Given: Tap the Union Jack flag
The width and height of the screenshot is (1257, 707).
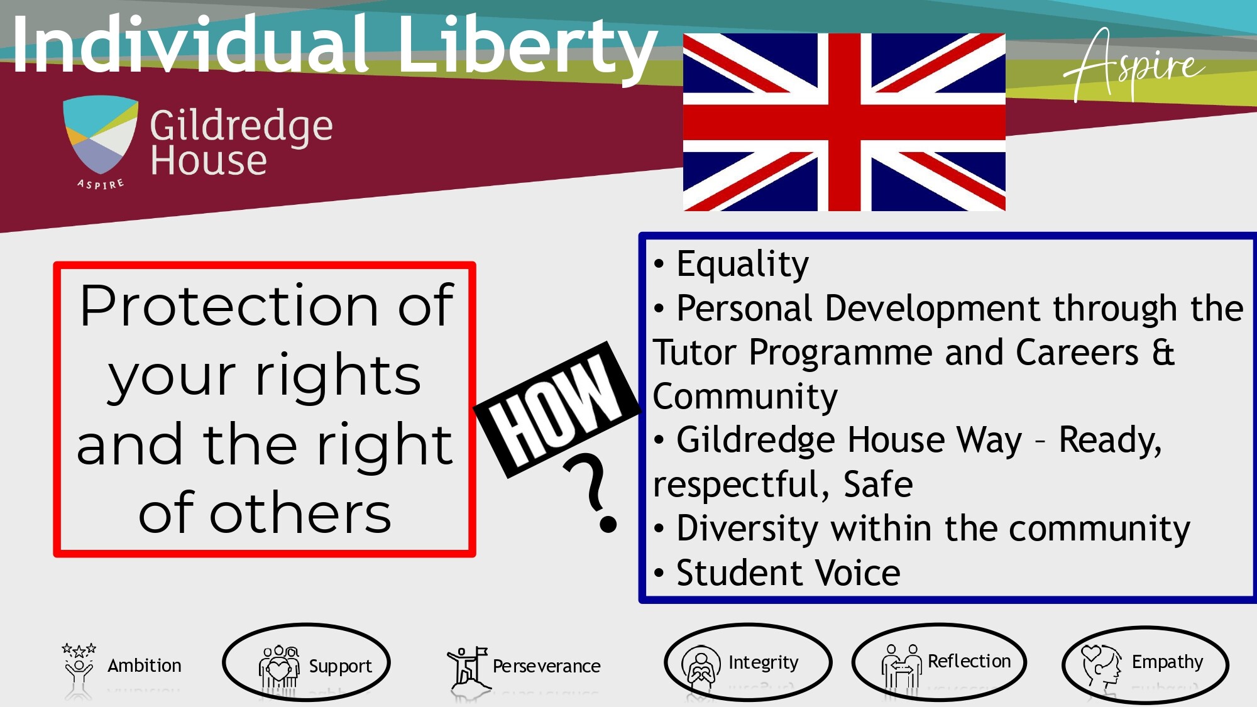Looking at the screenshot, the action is coord(844,122).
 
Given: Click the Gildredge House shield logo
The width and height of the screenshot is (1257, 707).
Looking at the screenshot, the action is coord(101,136).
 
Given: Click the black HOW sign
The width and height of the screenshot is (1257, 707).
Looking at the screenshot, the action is coord(557,409).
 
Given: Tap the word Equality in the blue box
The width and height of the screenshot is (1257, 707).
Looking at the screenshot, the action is coord(742,265).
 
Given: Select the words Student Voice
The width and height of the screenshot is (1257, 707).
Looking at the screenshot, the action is coord(788,573).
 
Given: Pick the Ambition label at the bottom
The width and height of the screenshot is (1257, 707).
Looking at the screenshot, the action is coord(145,666).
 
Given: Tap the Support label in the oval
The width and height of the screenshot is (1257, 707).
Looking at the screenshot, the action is coord(340,666).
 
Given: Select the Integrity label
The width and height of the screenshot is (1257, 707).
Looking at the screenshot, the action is coord(764,662).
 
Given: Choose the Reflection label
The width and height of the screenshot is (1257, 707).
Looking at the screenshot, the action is coord(969,661).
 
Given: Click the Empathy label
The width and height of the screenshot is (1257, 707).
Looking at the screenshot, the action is coord(1167,662).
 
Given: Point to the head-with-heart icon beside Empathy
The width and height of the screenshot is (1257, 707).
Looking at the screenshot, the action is coord(1102,666).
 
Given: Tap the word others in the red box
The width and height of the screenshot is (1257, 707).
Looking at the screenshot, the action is coord(300,513).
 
